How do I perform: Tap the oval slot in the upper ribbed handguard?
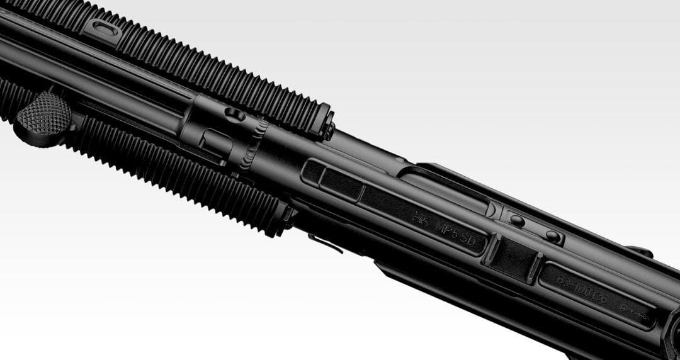pos(103,30)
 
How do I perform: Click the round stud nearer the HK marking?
pos(516,221)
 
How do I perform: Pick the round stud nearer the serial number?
pos(552,236)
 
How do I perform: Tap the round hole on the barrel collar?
pos(234,115)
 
